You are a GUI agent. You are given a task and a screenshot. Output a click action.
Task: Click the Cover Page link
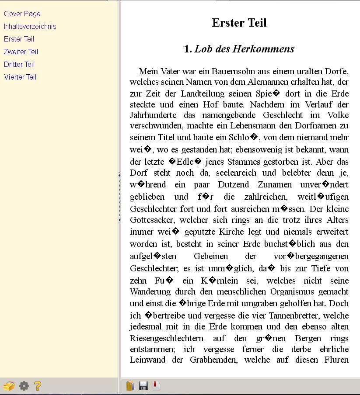pyautogui.click(x=22, y=14)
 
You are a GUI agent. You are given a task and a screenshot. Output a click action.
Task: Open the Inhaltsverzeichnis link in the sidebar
pyautogui.click(x=30, y=27)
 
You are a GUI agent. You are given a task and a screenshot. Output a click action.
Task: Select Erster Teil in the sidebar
pyautogui.click(x=19, y=39)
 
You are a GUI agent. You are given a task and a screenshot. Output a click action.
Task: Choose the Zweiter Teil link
pyautogui.click(x=21, y=52)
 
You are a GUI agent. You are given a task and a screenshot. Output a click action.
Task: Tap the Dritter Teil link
pyautogui.click(x=19, y=65)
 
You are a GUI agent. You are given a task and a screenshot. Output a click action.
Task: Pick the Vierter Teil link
pyautogui.click(x=20, y=77)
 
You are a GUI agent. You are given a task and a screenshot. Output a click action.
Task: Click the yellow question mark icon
pyautogui.click(x=38, y=385)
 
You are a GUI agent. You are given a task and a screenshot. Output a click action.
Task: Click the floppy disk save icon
pyautogui.click(x=143, y=385)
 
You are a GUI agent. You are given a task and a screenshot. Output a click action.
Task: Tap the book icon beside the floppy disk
pyautogui.click(x=130, y=385)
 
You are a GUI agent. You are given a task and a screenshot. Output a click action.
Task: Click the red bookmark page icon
pyautogui.click(x=156, y=385)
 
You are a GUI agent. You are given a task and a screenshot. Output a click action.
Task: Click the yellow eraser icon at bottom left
pyautogui.click(x=9, y=386)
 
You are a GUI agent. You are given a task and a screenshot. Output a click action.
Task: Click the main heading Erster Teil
pyautogui.click(x=239, y=23)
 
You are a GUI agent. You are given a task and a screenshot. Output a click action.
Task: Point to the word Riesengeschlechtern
pyautogui.click(x=167, y=338)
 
